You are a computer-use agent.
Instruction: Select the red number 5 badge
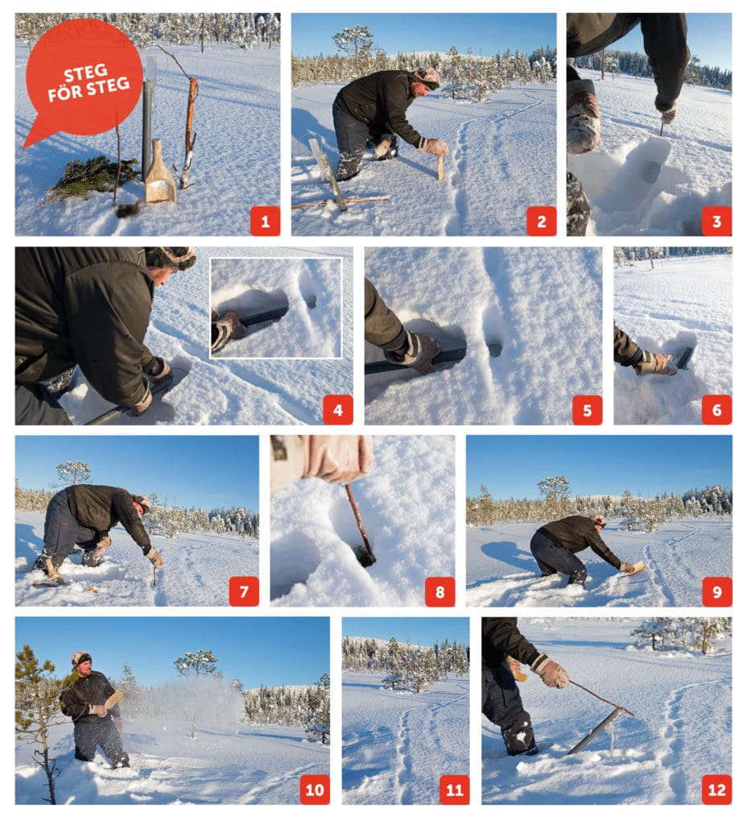coord(587,409)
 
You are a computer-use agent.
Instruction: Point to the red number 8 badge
coord(440,591)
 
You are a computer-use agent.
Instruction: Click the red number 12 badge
coord(716,789)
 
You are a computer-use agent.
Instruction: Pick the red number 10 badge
coord(315,789)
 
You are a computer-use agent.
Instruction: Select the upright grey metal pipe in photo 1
coord(147,129)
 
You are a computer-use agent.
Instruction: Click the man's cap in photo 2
coord(427,76)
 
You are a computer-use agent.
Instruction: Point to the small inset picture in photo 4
coord(275,307)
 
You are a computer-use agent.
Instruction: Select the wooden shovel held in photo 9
coord(634,568)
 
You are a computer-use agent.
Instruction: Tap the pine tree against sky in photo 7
coord(73,471)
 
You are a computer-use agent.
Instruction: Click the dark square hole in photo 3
coord(650,172)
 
